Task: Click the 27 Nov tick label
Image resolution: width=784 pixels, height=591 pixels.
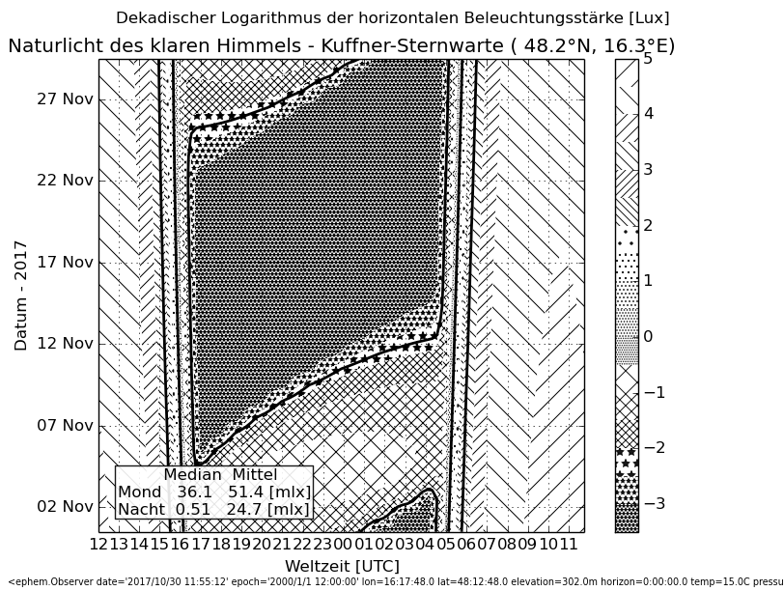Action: pyautogui.click(x=65, y=98)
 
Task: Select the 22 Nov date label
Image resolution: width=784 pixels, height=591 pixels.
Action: pyautogui.click(x=65, y=180)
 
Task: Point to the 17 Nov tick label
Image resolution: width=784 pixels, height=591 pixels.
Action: pyautogui.click(x=65, y=262)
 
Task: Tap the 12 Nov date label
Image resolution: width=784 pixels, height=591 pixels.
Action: pyautogui.click(x=65, y=343)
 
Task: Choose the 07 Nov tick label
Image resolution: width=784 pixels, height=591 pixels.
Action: pyautogui.click(x=65, y=425)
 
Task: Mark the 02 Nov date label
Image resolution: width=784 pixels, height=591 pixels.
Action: pyautogui.click(x=65, y=506)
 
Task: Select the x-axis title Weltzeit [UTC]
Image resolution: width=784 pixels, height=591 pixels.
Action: pyautogui.click(x=342, y=565)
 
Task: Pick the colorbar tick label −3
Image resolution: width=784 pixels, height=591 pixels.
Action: pyautogui.click(x=654, y=503)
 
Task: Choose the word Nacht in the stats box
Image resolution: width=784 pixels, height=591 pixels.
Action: pyautogui.click(x=141, y=509)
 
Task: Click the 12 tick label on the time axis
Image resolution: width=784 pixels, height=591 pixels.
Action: pyautogui.click(x=98, y=545)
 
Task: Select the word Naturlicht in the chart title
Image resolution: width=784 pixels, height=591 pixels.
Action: pyautogui.click(x=54, y=45)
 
